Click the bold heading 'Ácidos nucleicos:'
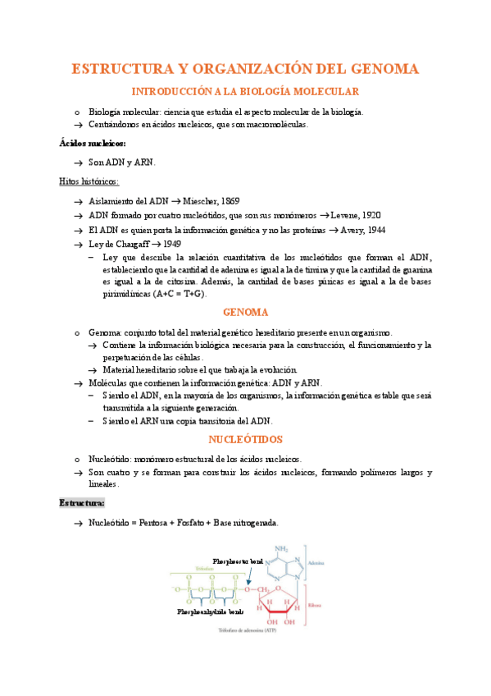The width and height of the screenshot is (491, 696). coord(93,142)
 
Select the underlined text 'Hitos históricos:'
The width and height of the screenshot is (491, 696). coord(89,181)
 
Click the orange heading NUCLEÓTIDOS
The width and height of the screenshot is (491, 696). coord(245,440)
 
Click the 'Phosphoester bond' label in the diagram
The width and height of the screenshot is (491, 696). coord(238,561)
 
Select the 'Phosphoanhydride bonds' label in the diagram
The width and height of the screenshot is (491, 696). coord(211,611)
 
